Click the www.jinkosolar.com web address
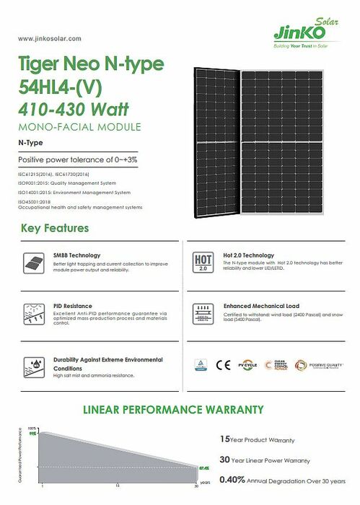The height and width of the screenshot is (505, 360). pyautogui.click(x=48, y=38)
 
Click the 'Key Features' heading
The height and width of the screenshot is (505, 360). pyautogui.click(x=55, y=228)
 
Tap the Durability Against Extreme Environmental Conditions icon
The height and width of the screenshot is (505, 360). pyautogui.click(x=32, y=364)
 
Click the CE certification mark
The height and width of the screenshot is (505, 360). pyautogui.click(x=224, y=364)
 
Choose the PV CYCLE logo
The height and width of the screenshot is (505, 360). pyautogui.click(x=247, y=364)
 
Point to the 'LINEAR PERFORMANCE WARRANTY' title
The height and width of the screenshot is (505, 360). pyautogui.click(x=173, y=410)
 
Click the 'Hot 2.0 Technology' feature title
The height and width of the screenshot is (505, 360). pyautogui.click(x=249, y=255)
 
